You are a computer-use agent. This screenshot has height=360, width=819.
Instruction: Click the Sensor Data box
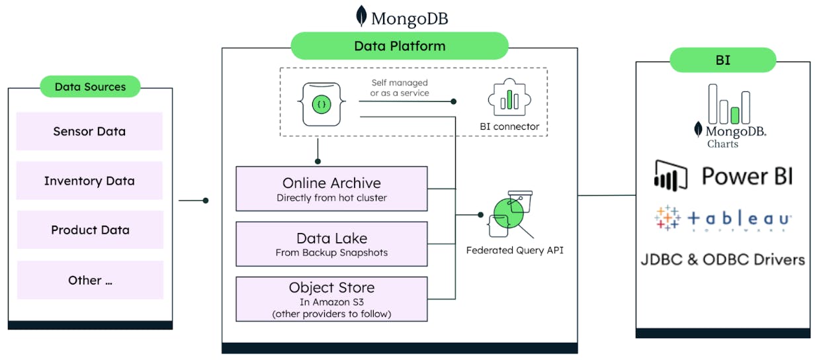[89, 131]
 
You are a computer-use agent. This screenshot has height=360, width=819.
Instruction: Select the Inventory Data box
[89, 181]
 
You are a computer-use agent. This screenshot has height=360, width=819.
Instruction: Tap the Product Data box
[90, 230]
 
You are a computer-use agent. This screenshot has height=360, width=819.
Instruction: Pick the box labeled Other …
[90, 280]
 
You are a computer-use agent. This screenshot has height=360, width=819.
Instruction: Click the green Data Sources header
[90, 87]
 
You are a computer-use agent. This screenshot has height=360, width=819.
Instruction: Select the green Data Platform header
[400, 46]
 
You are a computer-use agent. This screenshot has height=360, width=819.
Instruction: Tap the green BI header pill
[722, 60]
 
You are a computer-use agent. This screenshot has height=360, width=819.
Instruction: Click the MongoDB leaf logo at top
[362, 17]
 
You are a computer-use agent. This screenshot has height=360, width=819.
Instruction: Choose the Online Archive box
[331, 189]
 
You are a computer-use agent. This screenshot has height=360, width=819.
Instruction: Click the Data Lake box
[331, 244]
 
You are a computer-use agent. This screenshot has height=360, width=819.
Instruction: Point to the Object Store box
[331, 299]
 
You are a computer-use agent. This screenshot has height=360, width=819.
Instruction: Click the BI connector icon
[509, 100]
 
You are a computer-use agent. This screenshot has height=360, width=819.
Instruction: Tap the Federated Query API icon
[510, 214]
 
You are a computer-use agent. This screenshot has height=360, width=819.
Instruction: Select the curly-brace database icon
[322, 104]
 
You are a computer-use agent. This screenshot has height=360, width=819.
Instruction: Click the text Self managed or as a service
[399, 88]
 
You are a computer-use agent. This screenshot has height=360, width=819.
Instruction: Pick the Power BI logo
[723, 175]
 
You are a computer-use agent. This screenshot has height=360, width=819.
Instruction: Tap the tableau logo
[723, 218]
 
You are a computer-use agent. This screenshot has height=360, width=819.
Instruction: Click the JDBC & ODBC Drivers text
[723, 259]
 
